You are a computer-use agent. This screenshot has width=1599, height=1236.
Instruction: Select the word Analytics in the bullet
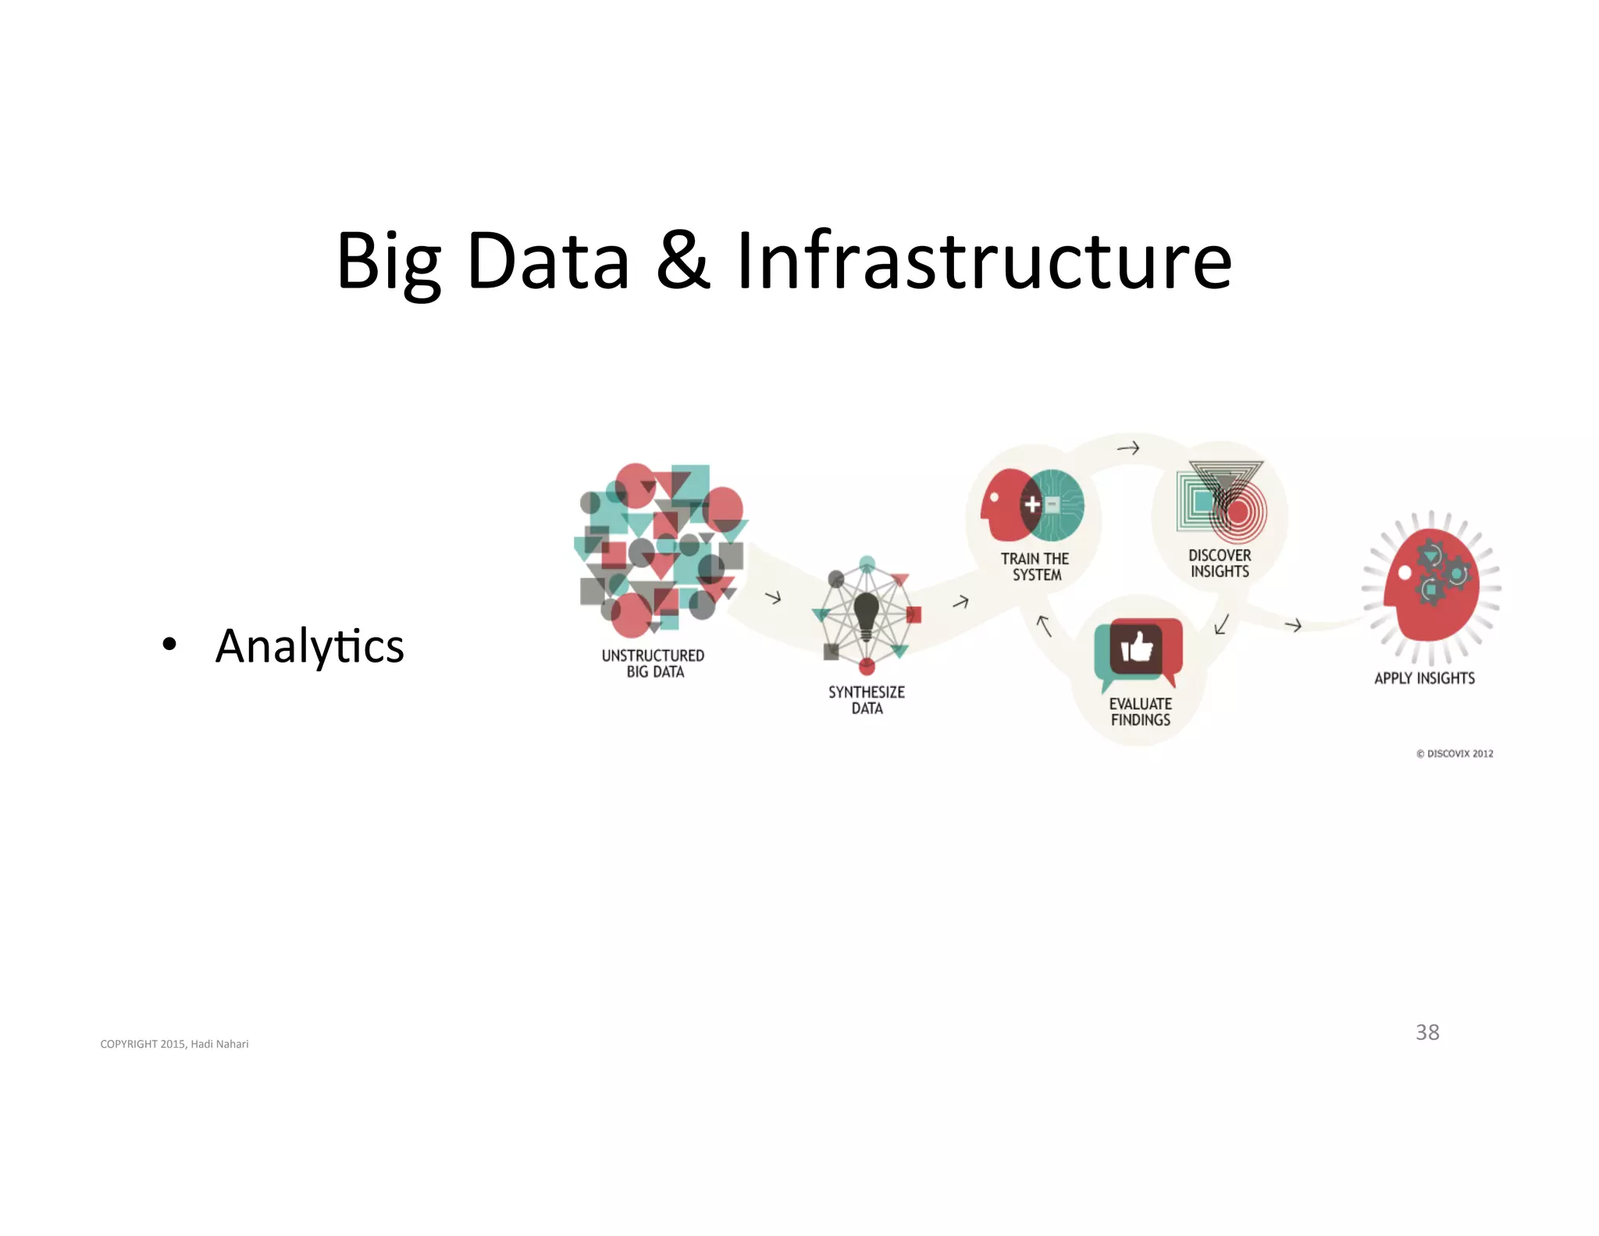pyautogui.click(x=310, y=646)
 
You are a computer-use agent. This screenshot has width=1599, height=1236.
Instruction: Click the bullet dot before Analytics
pyautogui.click(x=169, y=645)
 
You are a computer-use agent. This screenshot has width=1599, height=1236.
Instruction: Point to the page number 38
pyautogui.click(x=1427, y=1032)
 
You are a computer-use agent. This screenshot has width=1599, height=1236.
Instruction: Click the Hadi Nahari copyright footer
pyautogui.click(x=174, y=1044)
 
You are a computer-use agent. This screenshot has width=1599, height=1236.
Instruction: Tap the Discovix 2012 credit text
pyautogui.click(x=1455, y=754)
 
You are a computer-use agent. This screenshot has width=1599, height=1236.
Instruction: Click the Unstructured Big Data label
pyautogui.click(x=653, y=663)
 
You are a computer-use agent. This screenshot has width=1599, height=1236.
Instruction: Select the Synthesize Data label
pyautogui.click(x=867, y=700)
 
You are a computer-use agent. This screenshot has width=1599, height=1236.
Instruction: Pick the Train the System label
pyautogui.click(x=1035, y=566)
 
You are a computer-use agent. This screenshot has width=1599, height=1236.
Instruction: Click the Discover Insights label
pyautogui.click(x=1220, y=563)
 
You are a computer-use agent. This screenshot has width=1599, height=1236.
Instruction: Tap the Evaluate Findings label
pyautogui.click(x=1141, y=712)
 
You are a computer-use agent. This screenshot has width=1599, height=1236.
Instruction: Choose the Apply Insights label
pyautogui.click(x=1425, y=678)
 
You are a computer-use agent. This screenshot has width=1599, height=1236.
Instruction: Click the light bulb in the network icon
pyautogui.click(x=867, y=613)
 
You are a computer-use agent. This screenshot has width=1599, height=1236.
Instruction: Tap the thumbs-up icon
pyautogui.click(x=1137, y=648)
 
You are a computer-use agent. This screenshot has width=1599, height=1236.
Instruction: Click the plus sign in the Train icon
pyautogui.click(x=1032, y=505)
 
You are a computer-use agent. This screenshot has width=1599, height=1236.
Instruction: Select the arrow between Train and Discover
pyautogui.click(x=1128, y=448)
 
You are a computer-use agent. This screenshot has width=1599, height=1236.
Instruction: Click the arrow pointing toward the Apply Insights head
pyautogui.click(x=1293, y=625)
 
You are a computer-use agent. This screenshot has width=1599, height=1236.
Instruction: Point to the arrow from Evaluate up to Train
pyautogui.click(x=1044, y=625)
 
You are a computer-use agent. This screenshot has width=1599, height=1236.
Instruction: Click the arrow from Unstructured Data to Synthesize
pyautogui.click(x=773, y=598)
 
